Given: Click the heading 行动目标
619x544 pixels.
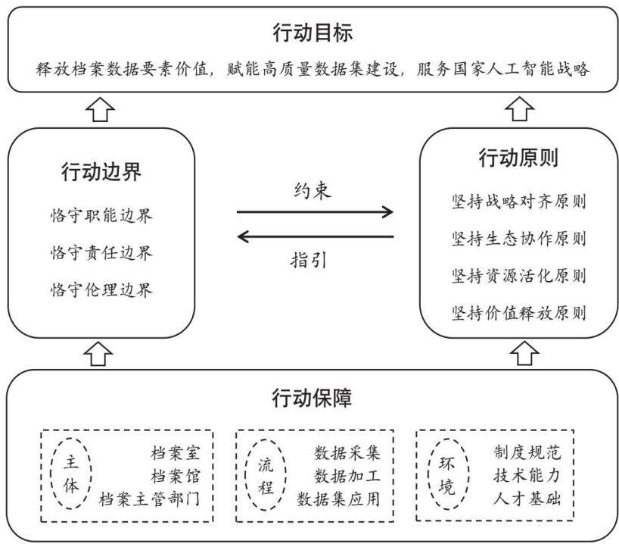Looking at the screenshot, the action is (x=313, y=33).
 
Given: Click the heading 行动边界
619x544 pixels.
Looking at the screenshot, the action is (x=101, y=172).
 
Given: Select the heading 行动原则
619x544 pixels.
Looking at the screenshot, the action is (x=518, y=158).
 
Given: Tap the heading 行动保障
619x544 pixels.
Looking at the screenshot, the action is (x=312, y=398).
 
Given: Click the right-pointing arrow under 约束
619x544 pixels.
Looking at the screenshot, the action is (x=315, y=212).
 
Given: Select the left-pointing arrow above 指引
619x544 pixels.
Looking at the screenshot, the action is (x=316, y=237).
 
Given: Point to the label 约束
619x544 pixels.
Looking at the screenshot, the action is (x=313, y=191).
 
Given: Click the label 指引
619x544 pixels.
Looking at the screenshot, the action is (x=308, y=260).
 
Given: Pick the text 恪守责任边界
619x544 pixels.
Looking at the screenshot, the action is (x=101, y=252).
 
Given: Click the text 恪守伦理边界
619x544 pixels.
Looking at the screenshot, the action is (x=101, y=289).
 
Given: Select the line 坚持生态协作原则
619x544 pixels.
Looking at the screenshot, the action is (x=518, y=239).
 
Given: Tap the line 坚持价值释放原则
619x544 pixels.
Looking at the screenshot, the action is (x=518, y=313).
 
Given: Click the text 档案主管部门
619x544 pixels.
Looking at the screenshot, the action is (x=150, y=499).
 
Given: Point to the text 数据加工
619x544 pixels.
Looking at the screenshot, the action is (x=347, y=476).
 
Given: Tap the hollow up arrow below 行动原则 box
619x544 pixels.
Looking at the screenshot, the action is (x=524, y=353).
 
